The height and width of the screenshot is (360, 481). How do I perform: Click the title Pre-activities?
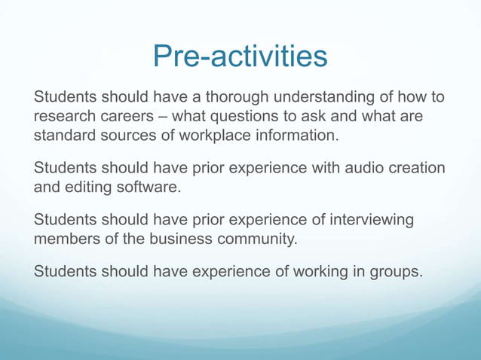240,56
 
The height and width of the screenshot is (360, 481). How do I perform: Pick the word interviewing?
369,220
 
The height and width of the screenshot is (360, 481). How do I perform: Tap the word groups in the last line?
394,270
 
